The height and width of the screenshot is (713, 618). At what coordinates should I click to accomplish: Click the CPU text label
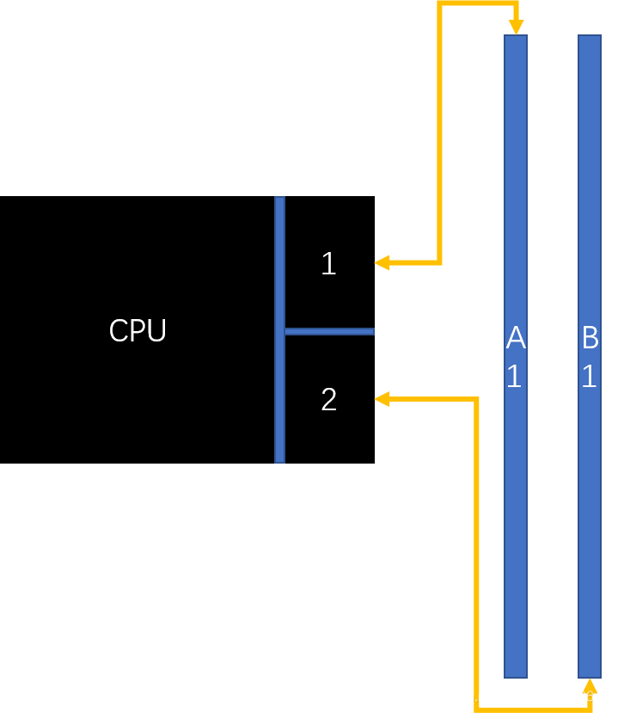pyautogui.click(x=138, y=331)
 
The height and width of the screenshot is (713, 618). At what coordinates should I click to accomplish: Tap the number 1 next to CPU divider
pyautogui.click(x=328, y=264)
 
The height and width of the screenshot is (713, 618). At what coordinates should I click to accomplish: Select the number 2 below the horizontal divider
pyautogui.click(x=328, y=400)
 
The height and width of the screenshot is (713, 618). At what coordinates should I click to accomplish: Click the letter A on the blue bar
pyautogui.click(x=515, y=339)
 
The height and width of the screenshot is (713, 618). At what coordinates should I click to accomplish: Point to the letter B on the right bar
pyautogui.click(x=590, y=339)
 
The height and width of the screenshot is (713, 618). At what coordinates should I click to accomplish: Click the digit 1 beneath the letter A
pyautogui.click(x=514, y=377)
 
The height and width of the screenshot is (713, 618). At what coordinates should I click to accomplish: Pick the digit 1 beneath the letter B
pyautogui.click(x=589, y=377)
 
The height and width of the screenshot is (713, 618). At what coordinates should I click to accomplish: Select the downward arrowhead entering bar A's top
pyautogui.click(x=515, y=28)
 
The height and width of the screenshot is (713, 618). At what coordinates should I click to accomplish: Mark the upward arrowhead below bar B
pyautogui.click(x=590, y=685)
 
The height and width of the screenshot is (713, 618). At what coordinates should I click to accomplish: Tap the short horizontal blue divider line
pyautogui.click(x=329, y=331)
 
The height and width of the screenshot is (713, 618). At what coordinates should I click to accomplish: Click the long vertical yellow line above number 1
pyautogui.click(x=440, y=129)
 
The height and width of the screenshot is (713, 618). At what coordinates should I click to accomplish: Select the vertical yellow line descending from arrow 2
pyautogui.click(x=476, y=550)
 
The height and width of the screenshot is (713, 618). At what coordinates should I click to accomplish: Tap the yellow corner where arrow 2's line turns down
pyautogui.click(x=476, y=399)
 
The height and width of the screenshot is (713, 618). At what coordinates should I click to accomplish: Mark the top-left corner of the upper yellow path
pyautogui.click(x=440, y=3)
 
